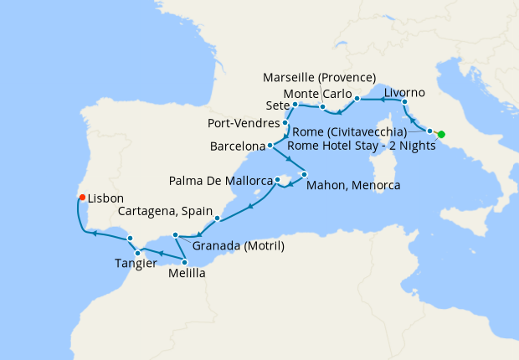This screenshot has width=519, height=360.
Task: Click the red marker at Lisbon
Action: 81,198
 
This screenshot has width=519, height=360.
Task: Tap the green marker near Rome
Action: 441,135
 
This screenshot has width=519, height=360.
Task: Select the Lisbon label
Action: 105,201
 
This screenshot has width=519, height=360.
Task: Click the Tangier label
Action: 136,264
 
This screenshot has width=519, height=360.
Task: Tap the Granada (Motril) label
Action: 239,246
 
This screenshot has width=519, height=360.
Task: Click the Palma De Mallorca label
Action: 221,180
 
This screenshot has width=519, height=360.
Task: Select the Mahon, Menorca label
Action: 352,185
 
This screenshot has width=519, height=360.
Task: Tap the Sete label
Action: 275,106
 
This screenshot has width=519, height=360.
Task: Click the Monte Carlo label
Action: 317,93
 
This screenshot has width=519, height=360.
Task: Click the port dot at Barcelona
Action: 270,147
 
